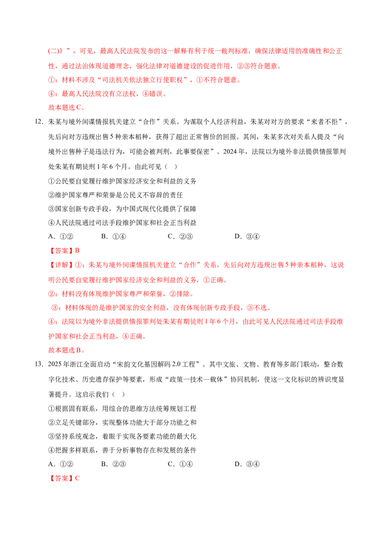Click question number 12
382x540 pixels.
(x=39, y=122)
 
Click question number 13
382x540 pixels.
(x=39, y=364)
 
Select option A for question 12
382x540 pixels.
(x=61, y=237)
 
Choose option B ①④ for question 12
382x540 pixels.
(x=114, y=237)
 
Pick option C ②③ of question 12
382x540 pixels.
(x=180, y=237)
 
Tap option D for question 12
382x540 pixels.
(x=247, y=237)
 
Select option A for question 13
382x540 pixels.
(x=61, y=464)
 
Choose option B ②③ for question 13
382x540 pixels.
(x=114, y=464)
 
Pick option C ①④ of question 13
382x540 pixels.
(x=180, y=464)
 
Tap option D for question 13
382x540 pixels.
(x=247, y=464)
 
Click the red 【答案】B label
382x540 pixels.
(x=64, y=251)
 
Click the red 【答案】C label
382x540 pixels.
(x=64, y=478)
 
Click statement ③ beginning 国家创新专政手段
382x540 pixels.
(x=122, y=209)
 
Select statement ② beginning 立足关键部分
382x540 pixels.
(x=122, y=423)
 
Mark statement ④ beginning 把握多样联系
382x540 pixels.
(x=122, y=450)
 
